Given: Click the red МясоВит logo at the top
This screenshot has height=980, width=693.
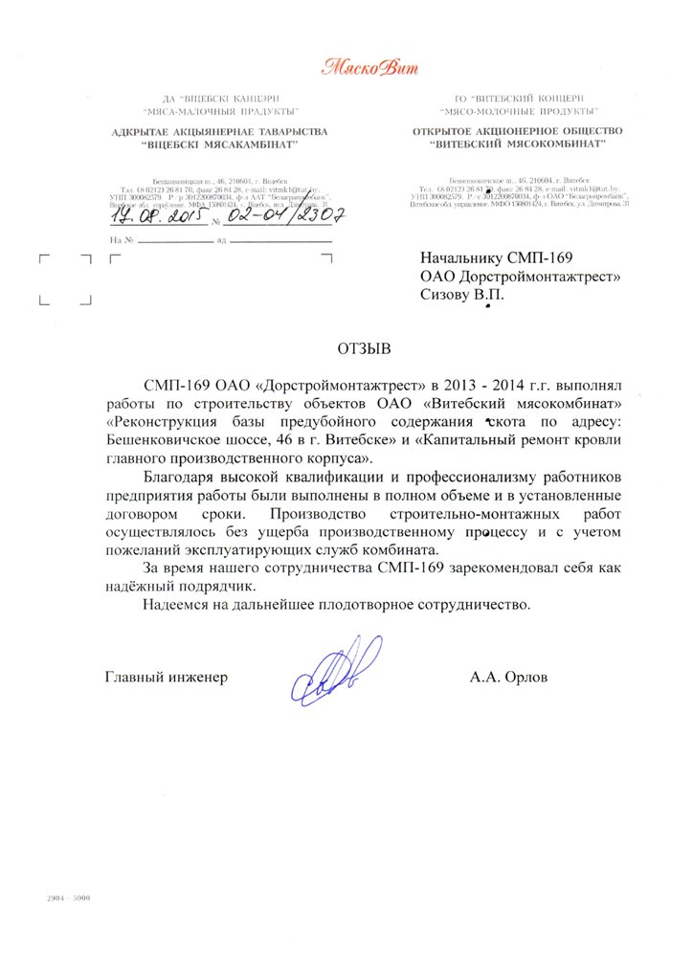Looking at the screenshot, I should point(369,67).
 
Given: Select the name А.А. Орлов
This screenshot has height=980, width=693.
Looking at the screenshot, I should point(508,678).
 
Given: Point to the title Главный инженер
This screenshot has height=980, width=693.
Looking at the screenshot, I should point(167,678).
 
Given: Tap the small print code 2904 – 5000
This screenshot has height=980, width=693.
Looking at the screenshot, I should point(69,900).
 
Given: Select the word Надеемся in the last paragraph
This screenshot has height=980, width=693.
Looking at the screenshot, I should point(175,605).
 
